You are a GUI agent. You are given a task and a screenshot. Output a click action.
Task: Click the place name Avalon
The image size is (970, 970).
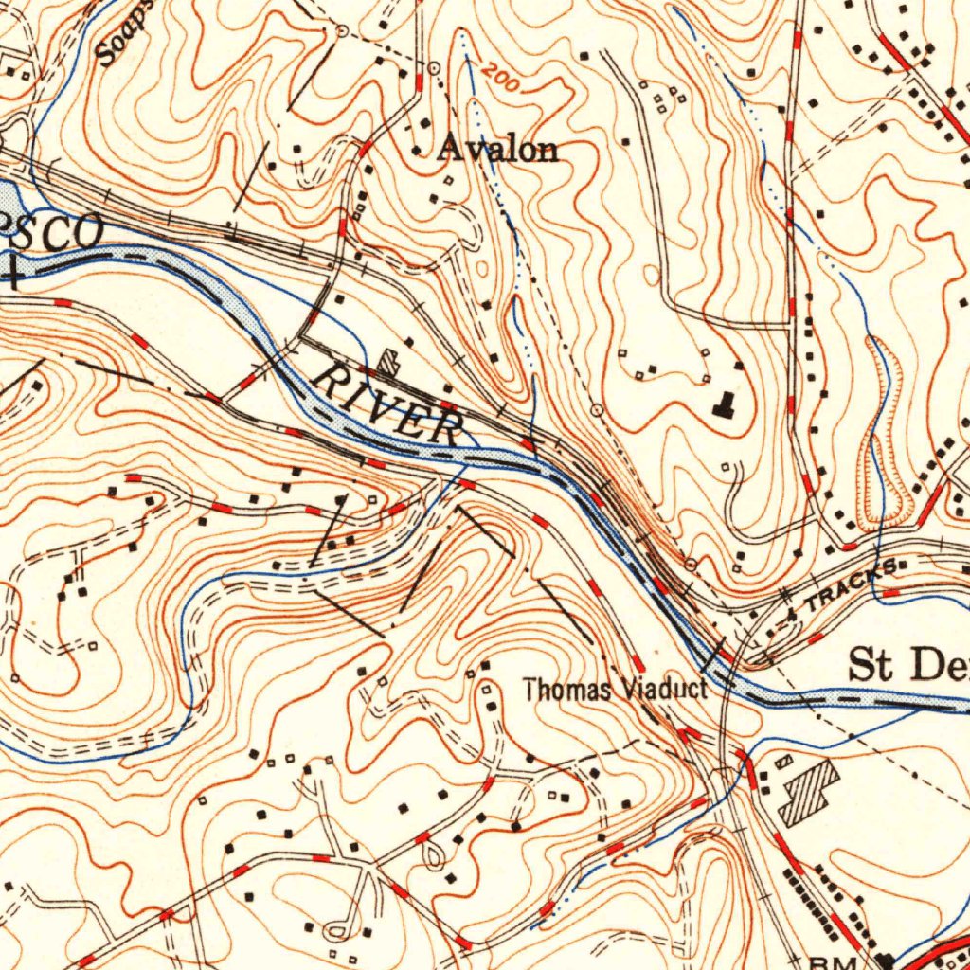(498, 149)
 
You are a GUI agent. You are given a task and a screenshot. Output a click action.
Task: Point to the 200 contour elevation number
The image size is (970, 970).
(500, 80)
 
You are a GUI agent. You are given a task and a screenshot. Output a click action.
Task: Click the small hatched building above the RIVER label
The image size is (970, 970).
(388, 361)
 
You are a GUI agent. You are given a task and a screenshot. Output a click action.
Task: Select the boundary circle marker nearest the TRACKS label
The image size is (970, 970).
(691, 565)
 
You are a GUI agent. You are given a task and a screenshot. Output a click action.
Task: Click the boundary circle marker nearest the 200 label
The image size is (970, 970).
(433, 68)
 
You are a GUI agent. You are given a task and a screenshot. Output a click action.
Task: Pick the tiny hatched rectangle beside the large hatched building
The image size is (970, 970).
(784, 762)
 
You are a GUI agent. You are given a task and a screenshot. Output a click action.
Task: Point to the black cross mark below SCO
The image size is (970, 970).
(13, 276)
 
